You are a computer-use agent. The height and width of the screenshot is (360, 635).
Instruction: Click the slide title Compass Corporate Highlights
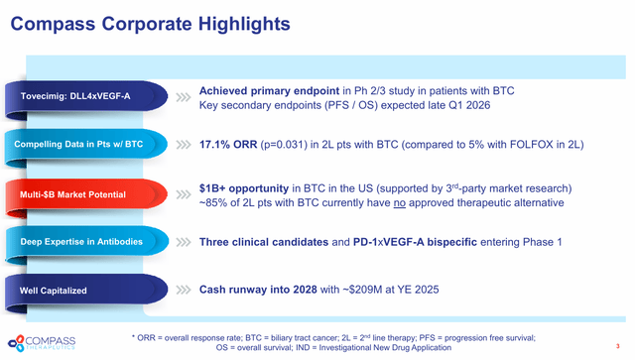(150, 24)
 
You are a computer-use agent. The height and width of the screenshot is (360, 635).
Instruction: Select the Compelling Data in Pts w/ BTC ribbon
(86, 144)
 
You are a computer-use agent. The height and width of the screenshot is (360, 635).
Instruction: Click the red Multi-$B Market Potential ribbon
(86, 194)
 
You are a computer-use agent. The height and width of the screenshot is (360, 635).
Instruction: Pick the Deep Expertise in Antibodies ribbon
(86, 242)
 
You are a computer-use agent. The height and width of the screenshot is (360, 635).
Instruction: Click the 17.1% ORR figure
(228, 145)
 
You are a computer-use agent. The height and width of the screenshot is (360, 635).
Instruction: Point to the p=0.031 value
(284, 145)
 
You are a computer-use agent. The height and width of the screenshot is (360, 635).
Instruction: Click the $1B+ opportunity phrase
(244, 188)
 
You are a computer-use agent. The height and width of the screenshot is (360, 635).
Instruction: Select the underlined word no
(399, 202)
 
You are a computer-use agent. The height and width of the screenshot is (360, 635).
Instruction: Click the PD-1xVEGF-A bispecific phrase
(415, 242)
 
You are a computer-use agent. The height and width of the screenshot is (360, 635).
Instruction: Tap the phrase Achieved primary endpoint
(269, 91)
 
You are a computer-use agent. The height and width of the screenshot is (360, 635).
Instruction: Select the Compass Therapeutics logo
(42, 343)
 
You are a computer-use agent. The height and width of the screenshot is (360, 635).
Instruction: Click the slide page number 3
(617, 346)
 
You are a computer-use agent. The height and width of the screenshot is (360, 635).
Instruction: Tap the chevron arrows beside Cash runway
(184, 290)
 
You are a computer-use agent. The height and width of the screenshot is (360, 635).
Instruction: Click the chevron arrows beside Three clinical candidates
(184, 242)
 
